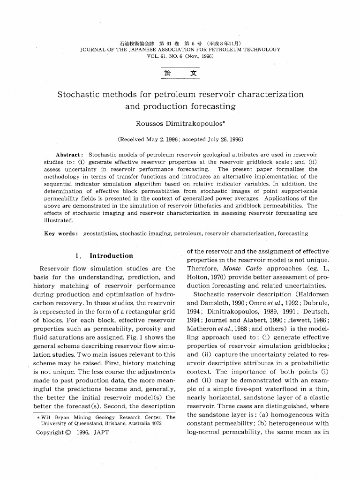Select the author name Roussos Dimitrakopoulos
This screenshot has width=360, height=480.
click(x=180, y=124)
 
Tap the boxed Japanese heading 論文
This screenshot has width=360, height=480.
click(x=180, y=74)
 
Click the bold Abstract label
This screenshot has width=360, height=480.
click(x=69, y=155)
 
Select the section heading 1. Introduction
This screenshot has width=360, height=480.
click(x=104, y=256)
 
